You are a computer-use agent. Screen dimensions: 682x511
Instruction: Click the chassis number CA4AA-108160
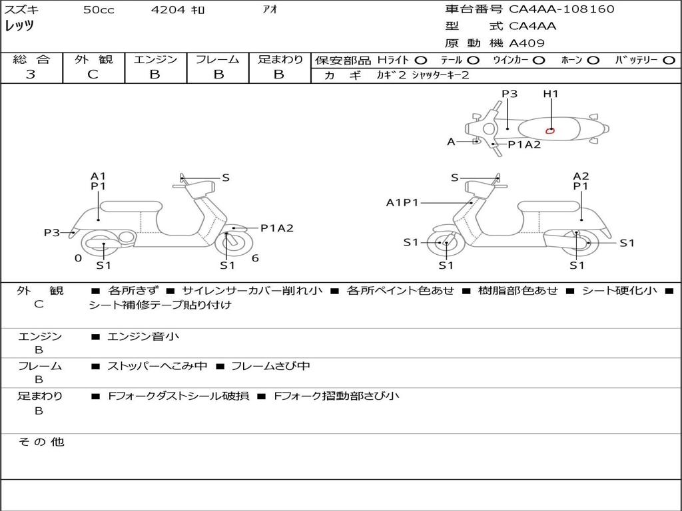tap(561, 9)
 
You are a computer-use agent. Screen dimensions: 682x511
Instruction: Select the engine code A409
tap(527, 43)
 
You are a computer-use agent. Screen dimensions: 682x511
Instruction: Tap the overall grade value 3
tap(31, 75)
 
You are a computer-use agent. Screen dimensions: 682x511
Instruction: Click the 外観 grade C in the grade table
tap(93, 75)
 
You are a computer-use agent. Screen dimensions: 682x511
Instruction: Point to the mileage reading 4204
tap(168, 9)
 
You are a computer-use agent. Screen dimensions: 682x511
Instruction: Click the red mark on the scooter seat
tap(550, 130)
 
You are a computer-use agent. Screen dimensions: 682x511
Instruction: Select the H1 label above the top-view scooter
tap(551, 93)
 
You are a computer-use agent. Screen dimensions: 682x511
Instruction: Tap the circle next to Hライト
tap(421, 61)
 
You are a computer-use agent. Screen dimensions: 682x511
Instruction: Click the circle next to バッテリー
tap(669, 61)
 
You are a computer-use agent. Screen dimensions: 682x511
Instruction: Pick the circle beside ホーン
tap(593, 61)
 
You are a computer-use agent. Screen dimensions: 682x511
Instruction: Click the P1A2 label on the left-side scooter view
tap(277, 228)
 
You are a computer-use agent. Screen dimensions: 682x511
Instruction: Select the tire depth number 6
tap(255, 258)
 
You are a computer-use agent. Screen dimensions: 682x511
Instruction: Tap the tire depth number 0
tap(79, 258)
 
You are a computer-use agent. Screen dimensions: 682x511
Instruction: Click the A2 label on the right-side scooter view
tap(581, 176)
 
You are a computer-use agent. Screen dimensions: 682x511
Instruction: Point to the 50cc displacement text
tap(99, 9)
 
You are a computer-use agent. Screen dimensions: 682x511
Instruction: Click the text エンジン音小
tap(143, 336)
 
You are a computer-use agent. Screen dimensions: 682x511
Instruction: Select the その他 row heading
tap(41, 442)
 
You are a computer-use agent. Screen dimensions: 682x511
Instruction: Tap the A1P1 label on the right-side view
tap(402, 202)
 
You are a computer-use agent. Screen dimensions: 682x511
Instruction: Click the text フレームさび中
tap(270, 366)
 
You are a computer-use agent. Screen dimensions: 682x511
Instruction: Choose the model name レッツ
tap(19, 26)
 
